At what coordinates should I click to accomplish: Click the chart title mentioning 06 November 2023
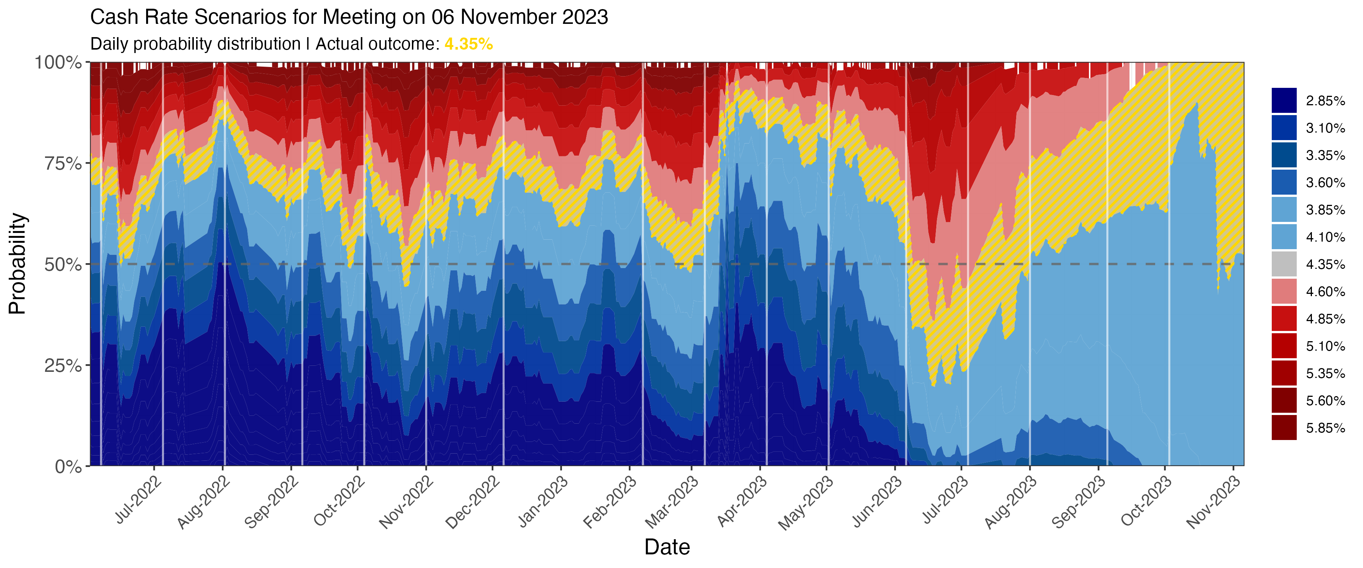tap(349, 17)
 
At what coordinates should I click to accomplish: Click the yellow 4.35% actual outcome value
tap(468, 44)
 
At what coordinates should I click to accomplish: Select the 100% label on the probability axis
tap(58, 62)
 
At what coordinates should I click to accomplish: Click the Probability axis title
tap(17, 264)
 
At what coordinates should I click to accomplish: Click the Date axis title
tap(667, 547)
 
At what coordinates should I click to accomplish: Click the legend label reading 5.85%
tap(1325, 428)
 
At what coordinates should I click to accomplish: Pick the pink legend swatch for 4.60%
tap(1284, 291)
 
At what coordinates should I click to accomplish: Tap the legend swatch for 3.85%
tap(1284, 210)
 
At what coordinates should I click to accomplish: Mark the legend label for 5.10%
tap(1325, 346)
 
